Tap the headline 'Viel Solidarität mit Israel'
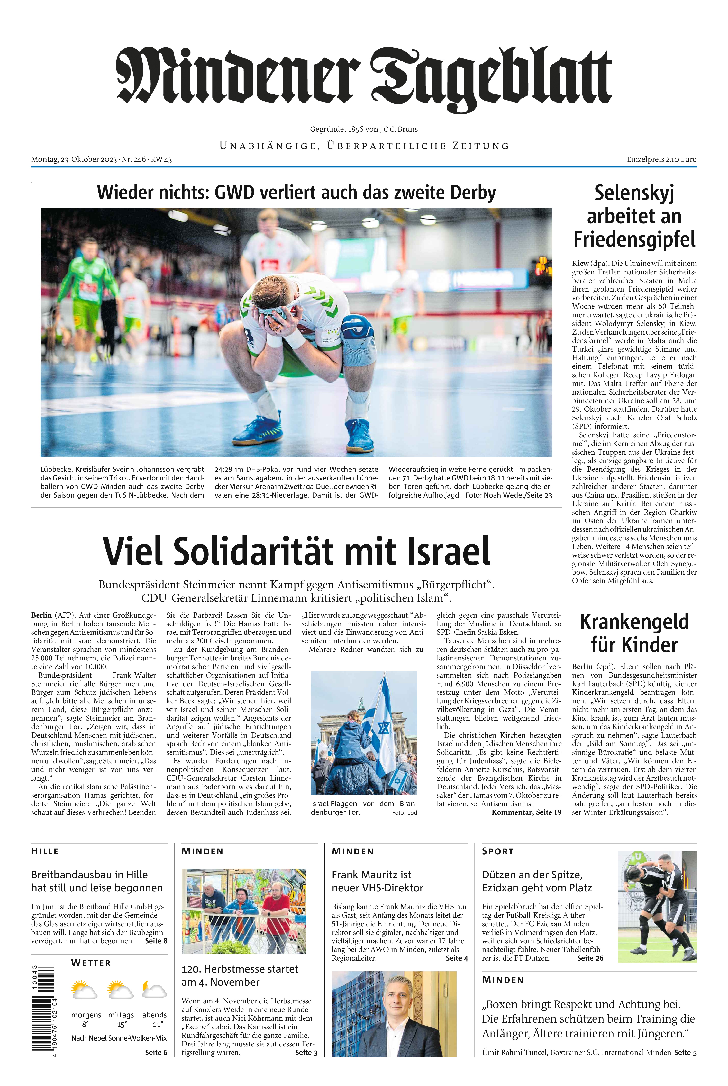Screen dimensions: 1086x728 click(x=296, y=551)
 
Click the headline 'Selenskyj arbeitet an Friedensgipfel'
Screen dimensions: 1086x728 click(x=634, y=216)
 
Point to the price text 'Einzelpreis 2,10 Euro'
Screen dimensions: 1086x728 click(x=661, y=159)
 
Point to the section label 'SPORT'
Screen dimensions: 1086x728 click(x=498, y=851)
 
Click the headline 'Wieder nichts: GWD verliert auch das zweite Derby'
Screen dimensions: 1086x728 click(x=296, y=192)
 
